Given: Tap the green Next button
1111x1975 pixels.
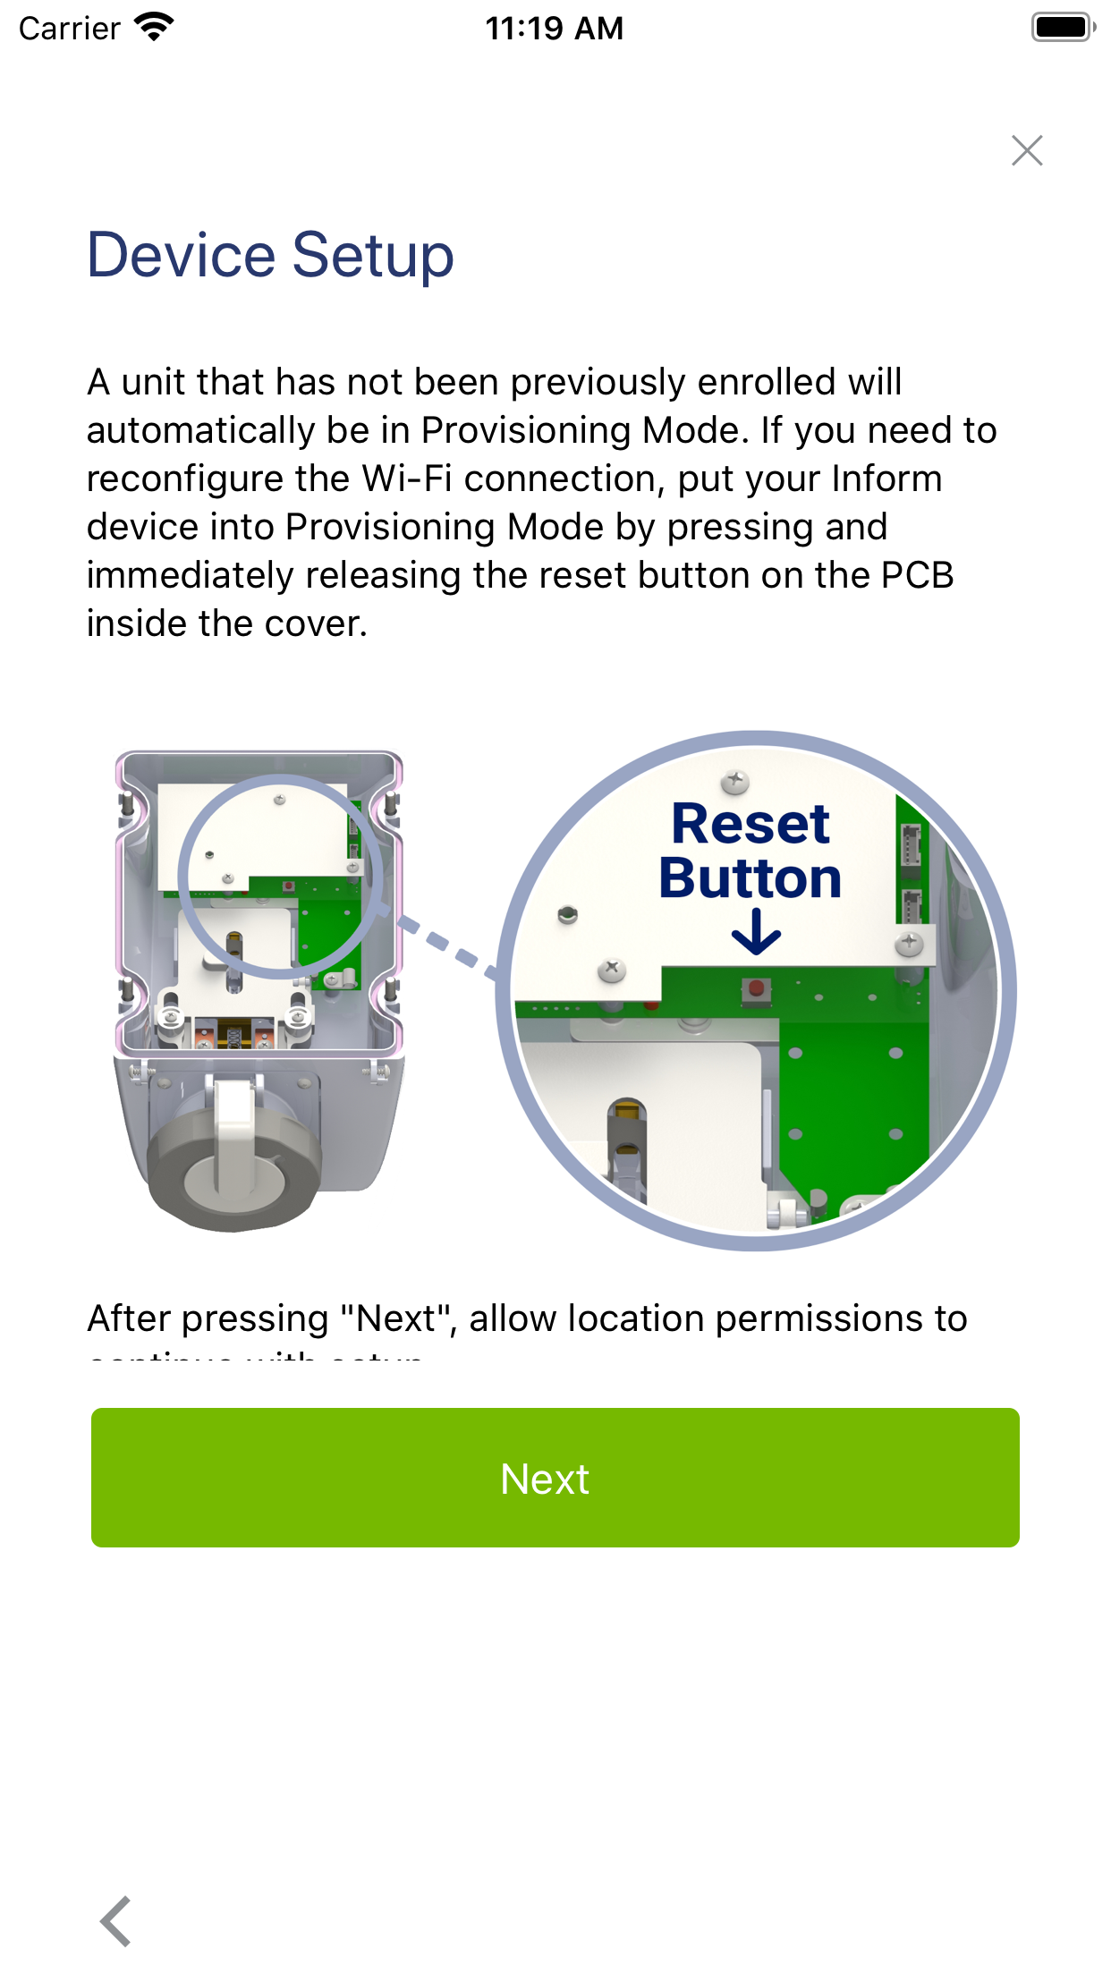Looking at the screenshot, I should tap(555, 1478).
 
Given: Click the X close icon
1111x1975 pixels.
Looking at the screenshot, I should tap(1027, 150).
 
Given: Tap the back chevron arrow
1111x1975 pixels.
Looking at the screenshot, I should tap(116, 1920).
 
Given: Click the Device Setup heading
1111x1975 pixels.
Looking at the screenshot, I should tap(270, 256).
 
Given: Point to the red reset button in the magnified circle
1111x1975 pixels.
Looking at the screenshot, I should tap(756, 989).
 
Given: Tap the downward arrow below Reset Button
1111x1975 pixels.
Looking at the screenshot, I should tap(756, 932).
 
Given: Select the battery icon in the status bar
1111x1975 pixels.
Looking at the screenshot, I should tap(1062, 27).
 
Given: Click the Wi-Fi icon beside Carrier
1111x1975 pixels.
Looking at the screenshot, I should tap(154, 27).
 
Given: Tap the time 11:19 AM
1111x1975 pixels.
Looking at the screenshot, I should tap(554, 29).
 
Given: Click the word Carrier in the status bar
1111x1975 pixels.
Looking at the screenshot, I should tap(70, 29).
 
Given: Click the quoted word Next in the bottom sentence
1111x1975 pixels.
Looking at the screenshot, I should tap(395, 1318).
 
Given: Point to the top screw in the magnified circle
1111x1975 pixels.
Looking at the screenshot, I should tap(735, 782).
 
